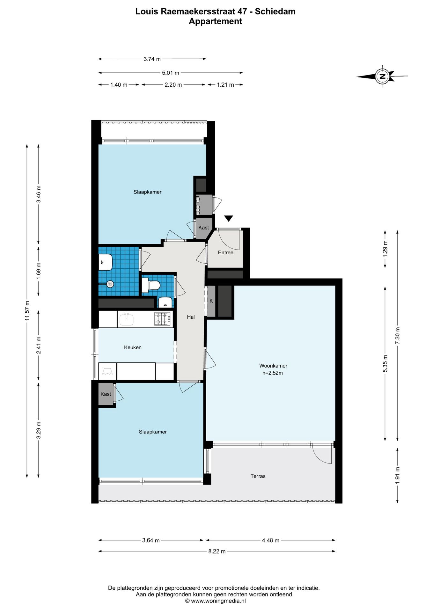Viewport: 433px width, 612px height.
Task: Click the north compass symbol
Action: [x=382, y=76]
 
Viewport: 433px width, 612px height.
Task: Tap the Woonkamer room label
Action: [x=273, y=366]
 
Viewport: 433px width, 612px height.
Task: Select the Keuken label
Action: [x=133, y=347]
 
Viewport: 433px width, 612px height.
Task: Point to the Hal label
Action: [x=191, y=317]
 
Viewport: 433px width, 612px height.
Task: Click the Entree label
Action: [x=225, y=252]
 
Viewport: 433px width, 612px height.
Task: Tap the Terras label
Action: [x=258, y=476]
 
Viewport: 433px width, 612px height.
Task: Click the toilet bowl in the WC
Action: [x=151, y=285]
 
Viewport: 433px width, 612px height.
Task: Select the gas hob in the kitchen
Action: [x=162, y=319]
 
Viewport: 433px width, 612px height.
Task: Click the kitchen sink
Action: [x=127, y=319]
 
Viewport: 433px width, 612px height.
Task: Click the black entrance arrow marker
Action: [x=229, y=218]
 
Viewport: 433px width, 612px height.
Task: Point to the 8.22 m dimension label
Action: [x=217, y=551]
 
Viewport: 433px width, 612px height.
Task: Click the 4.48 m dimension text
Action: [x=270, y=540]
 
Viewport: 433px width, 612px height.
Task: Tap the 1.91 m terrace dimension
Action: [x=397, y=475]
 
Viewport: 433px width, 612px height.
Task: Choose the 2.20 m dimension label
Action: [x=173, y=85]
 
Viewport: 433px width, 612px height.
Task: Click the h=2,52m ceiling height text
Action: [x=273, y=373]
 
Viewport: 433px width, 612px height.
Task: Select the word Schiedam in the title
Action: [x=275, y=11]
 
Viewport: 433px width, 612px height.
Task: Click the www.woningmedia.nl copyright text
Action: [x=216, y=601]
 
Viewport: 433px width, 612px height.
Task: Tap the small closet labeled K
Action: [x=211, y=301]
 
